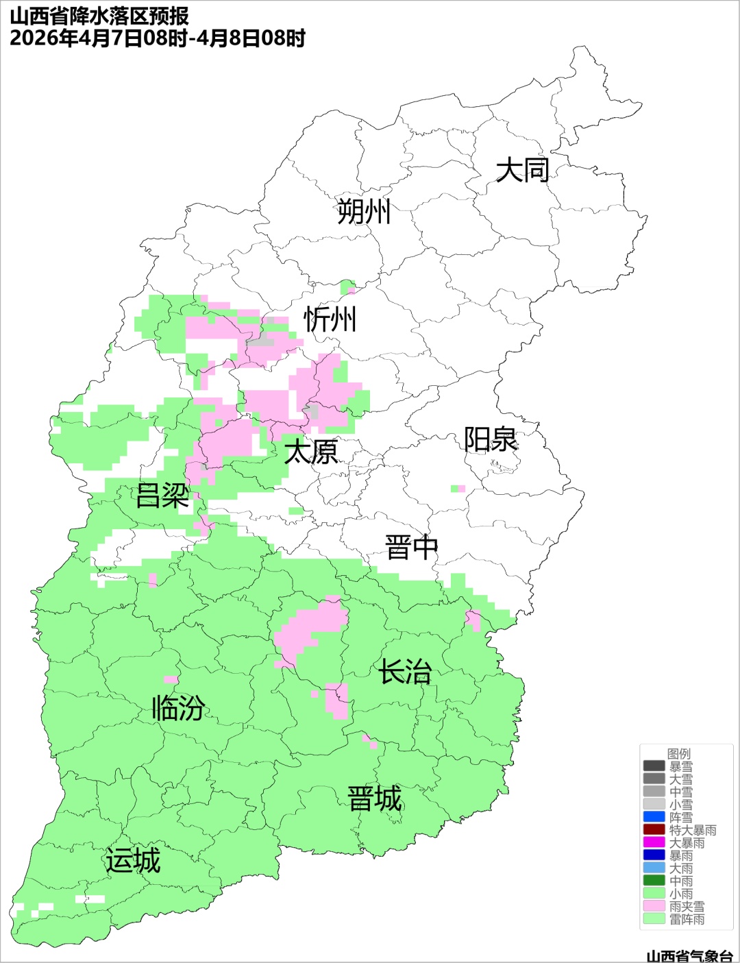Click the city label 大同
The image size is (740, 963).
click(522, 170)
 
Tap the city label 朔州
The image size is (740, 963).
click(364, 211)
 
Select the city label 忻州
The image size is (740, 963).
click(330, 319)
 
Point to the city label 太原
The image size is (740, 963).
click(311, 452)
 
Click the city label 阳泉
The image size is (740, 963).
click(491, 439)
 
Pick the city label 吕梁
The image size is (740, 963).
click(162, 496)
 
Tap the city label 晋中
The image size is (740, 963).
click(411, 548)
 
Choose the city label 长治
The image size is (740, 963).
click(406, 672)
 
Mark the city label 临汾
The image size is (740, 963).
click(178, 708)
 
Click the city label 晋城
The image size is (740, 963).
click(375, 799)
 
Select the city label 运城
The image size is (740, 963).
click(133, 861)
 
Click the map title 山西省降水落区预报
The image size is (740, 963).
click(99, 16)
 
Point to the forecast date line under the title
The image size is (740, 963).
click(157, 38)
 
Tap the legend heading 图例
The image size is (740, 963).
click(679, 753)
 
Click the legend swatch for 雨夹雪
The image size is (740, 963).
click(654, 905)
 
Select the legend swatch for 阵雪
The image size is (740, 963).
click(654, 817)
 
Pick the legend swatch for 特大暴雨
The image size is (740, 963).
click(654, 829)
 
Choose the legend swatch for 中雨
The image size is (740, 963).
click(654, 880)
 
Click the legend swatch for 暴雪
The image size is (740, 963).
click(654, 766)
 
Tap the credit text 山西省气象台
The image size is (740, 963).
click(689, 955)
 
